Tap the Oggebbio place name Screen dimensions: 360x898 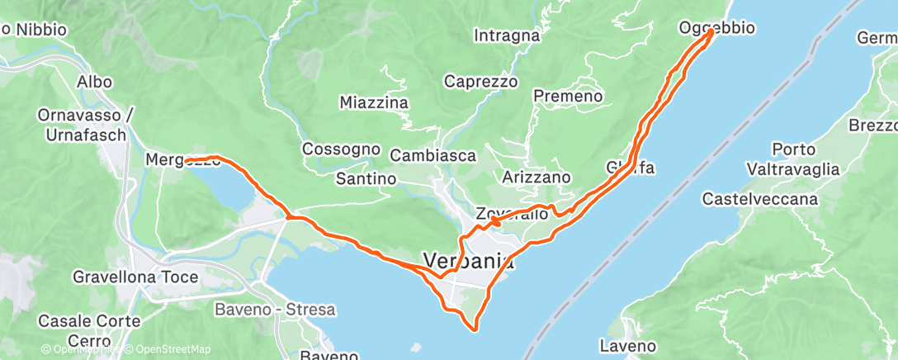tap(716, 28)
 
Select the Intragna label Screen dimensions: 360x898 tap(507, 36)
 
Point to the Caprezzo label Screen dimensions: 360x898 tap(480, 82)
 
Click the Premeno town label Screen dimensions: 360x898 tap(568, 97)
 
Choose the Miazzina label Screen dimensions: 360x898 tap(374, 102)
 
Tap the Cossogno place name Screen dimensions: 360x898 tap(341, 149)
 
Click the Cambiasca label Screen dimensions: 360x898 tap(432, 155)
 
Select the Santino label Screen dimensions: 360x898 tap(366, 178)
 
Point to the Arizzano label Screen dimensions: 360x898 tap(536, 177)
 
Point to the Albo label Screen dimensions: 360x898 tap(93, 82)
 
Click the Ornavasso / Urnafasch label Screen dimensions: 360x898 tap(82, 125)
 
